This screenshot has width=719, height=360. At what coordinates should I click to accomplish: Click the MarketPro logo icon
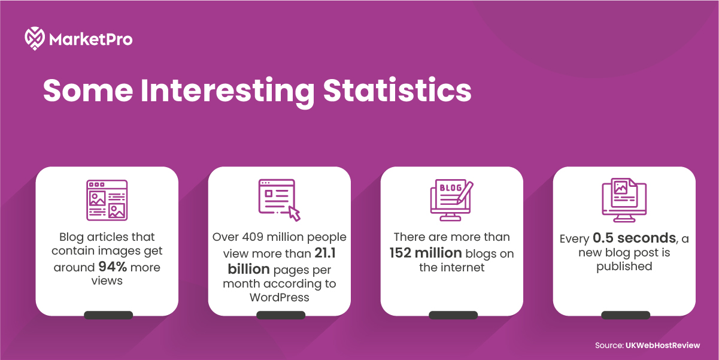click(35, 38)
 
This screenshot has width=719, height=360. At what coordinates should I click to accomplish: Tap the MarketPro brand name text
click(91, 40)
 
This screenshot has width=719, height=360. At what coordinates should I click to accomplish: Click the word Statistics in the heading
click(398, 90)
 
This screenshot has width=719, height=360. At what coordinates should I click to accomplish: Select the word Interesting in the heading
click(227, 92)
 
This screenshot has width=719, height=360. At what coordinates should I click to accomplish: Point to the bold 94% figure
click(113, 267)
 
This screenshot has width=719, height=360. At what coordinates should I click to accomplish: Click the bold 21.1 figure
click(325, 253)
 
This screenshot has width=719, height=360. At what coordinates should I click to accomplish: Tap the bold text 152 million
click(426, 253)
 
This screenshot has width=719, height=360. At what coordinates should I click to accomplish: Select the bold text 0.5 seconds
click(634, 238)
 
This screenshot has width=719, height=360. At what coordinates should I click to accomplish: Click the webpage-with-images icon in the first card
click(107, 200)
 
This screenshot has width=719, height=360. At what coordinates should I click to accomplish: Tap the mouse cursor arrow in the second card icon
click(295, 213)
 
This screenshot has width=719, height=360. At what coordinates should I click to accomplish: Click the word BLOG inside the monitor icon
click(451, 187)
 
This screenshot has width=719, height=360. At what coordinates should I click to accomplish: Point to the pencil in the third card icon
click(465, 193)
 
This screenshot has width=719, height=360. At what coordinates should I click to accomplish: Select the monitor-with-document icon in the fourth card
click(624, 200)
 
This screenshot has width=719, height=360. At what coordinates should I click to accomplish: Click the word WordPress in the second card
click(279, 297)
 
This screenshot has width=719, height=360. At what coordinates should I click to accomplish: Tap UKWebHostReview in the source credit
click(663, 346)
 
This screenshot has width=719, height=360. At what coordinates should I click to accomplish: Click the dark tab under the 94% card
click(108, 315)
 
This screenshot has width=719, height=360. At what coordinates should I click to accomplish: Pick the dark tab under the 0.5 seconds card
click(626, 315)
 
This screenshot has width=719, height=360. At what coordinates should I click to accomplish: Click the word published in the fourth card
click(624, 267)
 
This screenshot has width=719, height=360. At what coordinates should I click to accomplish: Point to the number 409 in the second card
click(253, 237)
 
